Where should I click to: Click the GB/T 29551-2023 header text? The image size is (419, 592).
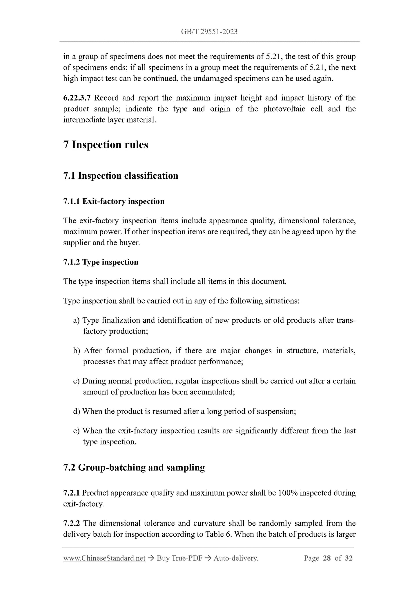[x=209, y=32]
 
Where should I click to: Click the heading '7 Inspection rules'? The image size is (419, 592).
[x=106, y=145]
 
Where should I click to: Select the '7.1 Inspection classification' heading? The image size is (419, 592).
[x=121, y=176]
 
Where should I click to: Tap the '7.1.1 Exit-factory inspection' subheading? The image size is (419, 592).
[x=114, y=201]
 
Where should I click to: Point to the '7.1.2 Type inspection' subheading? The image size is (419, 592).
[x=101, y=262]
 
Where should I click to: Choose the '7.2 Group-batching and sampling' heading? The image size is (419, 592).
[x=134, y=467]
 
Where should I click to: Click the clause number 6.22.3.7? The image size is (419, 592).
[x=77, y=98]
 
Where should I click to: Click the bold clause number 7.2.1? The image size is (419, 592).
[x=71, y=493]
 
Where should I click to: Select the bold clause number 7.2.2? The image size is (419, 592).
[x=72, y=523]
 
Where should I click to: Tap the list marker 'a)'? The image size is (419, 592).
[x=76, y=320]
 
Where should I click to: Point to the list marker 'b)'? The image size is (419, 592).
[x=77, y=351]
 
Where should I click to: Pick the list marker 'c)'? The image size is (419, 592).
[x=76, y=381]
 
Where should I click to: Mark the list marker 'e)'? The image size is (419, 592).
[x=76, y=431]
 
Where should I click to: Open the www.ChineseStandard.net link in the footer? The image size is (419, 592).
[x=104, y=558]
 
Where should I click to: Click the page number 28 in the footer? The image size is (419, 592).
[x=327, y=558]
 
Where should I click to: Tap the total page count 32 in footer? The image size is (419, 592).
[x=349, y=558]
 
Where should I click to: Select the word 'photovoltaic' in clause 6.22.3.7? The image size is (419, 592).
[x=284, y=109]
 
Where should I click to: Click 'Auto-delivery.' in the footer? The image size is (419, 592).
[x=236, y=558]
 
